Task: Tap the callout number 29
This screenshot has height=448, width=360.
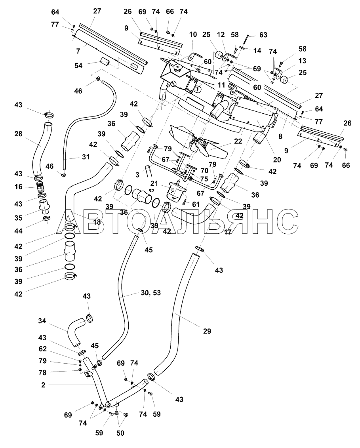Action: [x=207, y=331]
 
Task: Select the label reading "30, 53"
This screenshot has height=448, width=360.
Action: [x=150, y=293]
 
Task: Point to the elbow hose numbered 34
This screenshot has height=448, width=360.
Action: [x=76, y=332]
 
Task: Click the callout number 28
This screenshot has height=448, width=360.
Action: [x=18, y=133]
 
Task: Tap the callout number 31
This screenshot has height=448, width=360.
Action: [x=86, y=156]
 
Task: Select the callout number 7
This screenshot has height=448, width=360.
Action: [x=78, y=51]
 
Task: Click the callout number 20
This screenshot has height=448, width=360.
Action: [x=277, y=159]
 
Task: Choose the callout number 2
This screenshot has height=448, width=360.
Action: [x=43, y=385]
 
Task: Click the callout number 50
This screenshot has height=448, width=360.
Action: [x=120, y=433]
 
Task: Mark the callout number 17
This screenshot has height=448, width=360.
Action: [x=227, y=232]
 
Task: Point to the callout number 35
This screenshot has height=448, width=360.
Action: [x=18, y=218]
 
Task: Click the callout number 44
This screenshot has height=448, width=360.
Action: [x=18, y=231]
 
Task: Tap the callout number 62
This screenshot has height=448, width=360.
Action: [x=42, y=349]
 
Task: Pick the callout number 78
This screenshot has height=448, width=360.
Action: [x=42, y=372]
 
